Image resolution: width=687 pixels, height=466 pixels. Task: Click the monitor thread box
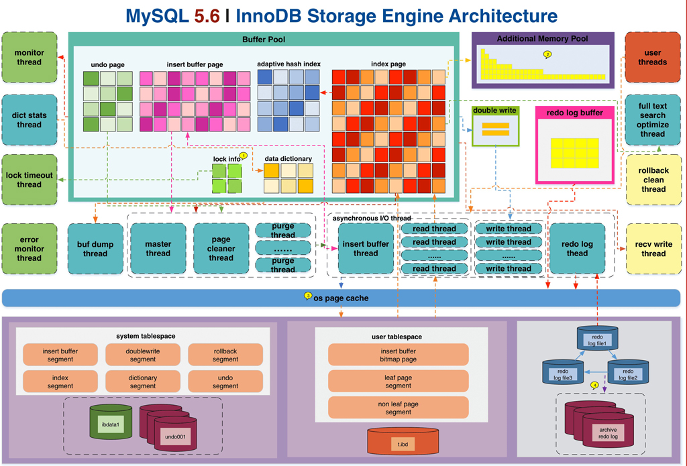(29, 57)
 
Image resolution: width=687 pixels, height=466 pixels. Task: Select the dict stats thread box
(29, 119)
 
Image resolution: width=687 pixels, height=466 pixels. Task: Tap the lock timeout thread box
(29, 180)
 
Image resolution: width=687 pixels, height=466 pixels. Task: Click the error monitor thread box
(29, 248)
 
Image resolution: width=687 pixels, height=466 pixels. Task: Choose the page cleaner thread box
(221, 248)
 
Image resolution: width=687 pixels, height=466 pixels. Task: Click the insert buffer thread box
(366, 248)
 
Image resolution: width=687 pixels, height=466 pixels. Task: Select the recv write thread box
(653, 248)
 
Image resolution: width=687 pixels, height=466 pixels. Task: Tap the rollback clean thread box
(653, 180)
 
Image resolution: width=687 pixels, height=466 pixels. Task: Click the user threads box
(653, 57)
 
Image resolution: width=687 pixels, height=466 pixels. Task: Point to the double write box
(496, 125)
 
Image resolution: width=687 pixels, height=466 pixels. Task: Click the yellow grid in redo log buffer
(574, 153)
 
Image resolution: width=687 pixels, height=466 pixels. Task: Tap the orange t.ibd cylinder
(403, 443)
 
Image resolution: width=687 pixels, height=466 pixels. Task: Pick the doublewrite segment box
(143, 355)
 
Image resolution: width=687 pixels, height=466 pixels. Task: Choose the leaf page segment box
(398, 382)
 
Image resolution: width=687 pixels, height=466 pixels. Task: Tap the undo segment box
(225, 382)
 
